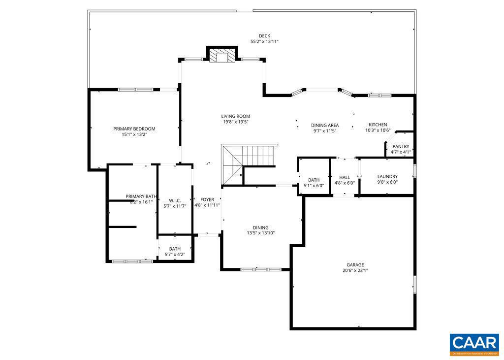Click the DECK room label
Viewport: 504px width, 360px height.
[264, 36]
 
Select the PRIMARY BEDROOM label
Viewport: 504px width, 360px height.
[134, 129]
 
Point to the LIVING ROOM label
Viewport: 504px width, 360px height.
[235, 116]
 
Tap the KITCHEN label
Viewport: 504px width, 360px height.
[378, 125]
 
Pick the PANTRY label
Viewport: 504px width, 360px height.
[401, 146]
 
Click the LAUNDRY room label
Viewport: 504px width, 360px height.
[387, 176]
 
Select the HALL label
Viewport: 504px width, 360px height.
[345, 177]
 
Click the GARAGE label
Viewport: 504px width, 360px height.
[355, 264]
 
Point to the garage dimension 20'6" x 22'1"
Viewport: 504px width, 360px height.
[355, 270]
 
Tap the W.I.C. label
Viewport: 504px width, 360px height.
[175, 200]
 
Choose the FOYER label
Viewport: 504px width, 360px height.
[207, 199]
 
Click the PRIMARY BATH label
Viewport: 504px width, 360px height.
[141, 196]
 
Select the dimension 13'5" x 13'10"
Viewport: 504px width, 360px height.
[260, 233]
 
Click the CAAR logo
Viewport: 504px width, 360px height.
[474, 344]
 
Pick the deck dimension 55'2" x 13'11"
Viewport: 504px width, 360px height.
[264, 42]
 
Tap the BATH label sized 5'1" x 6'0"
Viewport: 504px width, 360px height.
[314, 180]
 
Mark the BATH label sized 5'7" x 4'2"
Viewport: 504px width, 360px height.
[175, 249]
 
